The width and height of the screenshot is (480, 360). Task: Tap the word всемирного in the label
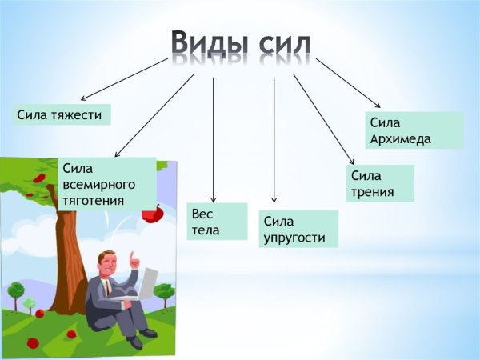(98, 184)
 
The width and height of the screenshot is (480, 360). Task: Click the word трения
(372, 192)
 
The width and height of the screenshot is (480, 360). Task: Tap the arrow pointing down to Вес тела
(214, 136)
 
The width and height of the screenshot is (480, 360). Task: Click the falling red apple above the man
(152, 213)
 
